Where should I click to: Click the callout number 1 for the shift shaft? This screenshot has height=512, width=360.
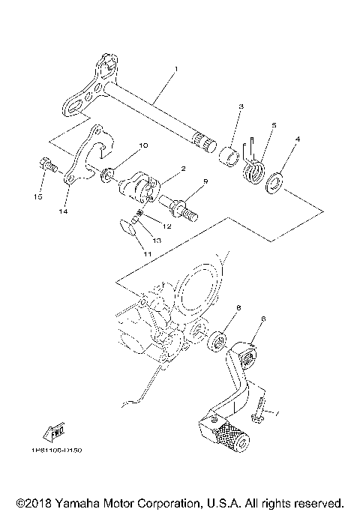pyautogui.click(x=175, y=69)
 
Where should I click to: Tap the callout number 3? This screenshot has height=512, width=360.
pyautogui.click(x=241, y=108)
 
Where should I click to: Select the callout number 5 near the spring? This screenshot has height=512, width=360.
pyautogui.click(x=274, y=126)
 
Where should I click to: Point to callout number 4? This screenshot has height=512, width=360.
pyautogui.click(x=298, y=139)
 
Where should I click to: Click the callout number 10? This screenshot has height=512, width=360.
pyautogui.click(x=143, y=145)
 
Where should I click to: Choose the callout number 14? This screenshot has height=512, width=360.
pyautogui.click(x=64, y=212)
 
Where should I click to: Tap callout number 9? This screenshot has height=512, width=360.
pyautogui.click(x=205, y=181)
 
